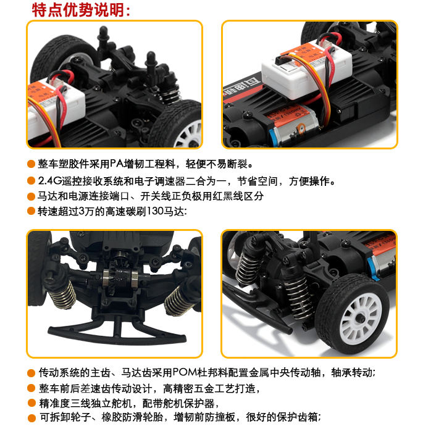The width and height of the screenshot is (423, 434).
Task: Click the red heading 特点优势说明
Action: pyautogui.click(x=78, y=10)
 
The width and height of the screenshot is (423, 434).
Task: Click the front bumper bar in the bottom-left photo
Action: pyautogui.click(x=117, y=333)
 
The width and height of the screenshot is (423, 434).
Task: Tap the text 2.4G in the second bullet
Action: pyautogui.click(x=49, y=181)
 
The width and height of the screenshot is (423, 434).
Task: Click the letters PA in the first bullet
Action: pyautogui.click(x=117, y=164)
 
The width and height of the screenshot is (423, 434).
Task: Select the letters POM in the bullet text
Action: pyautogui.click(x=185, y=372)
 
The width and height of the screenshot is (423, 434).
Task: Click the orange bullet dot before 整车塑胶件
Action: pyautogui.click(x=31, y=164)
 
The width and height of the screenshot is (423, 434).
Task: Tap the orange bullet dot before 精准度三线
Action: pyautogui.click(x=31, y=403)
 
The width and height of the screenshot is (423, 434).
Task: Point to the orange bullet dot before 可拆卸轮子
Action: pyautogui.click(x=31, y=418)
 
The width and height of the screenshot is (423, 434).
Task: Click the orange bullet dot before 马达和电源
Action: pyautogui.click(x=31, y=196)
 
